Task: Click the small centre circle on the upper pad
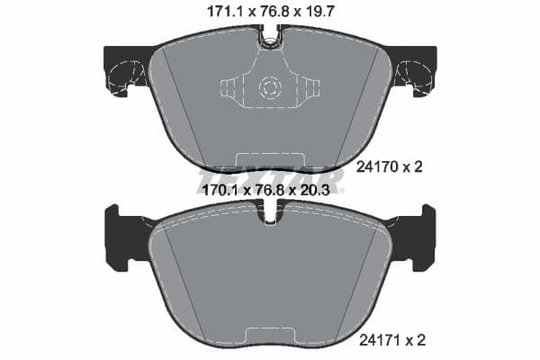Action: (x=270, y=88)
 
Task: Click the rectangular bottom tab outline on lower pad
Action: (x=270, y=340)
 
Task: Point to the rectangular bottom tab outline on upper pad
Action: (x=270, y=162)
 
